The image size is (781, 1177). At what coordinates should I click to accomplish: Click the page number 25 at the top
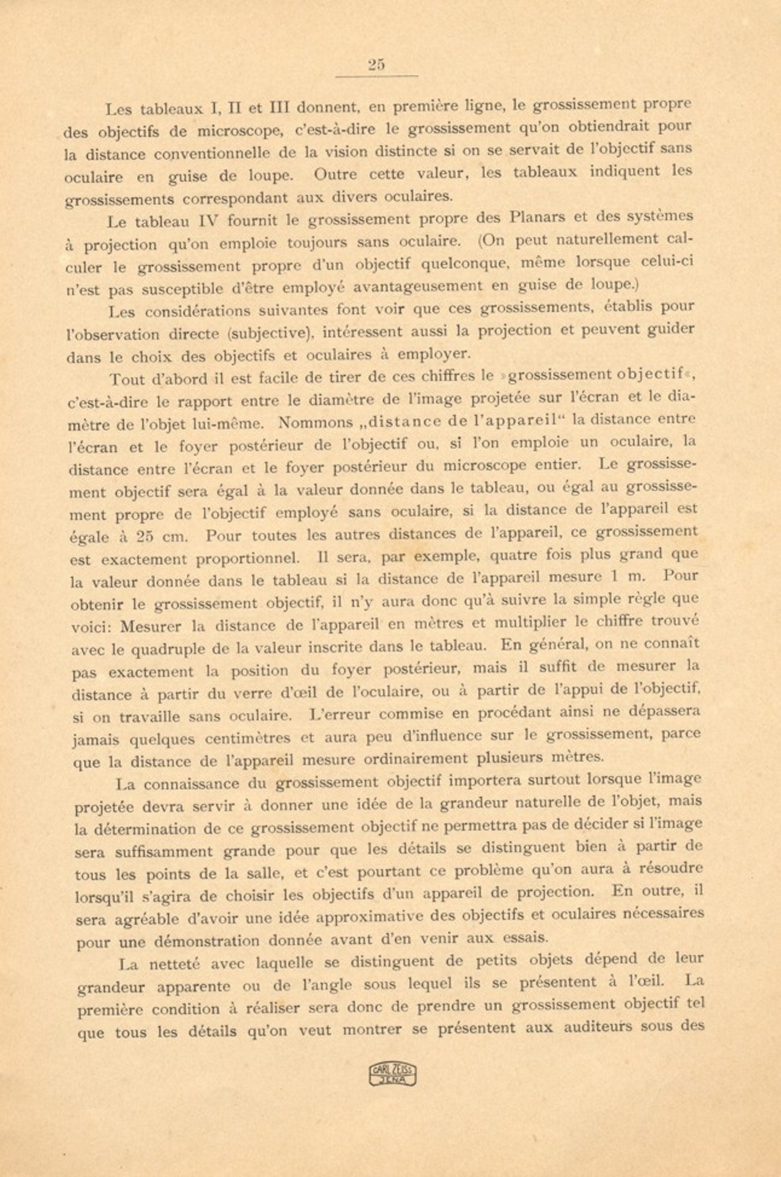pyautogui.click(x=376, y=65)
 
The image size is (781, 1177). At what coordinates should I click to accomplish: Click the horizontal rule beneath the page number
pyautogui.click(x=377, y=76)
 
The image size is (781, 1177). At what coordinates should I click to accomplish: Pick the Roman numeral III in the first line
pyautogui.click(x=279, y=108)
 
